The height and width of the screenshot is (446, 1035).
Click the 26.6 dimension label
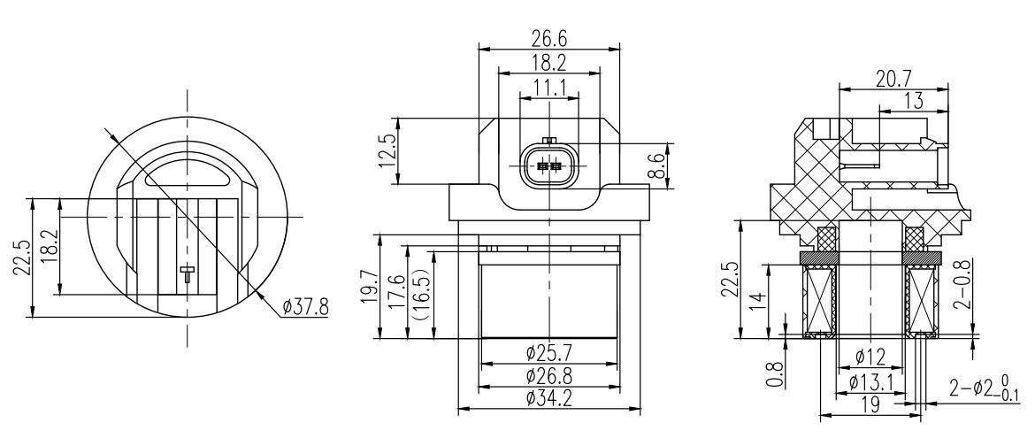pyautogui.click(x=549, y=38)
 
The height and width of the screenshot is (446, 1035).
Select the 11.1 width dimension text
pyautogui.click(x=550, y=88)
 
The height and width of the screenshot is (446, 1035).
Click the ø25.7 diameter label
pyautogui.click(x=549, y=353)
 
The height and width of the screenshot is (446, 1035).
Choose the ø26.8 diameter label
pyautogui.click(x=549, y=376)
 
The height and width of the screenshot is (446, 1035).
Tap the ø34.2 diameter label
pyautogui.click(x=549, y=398)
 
